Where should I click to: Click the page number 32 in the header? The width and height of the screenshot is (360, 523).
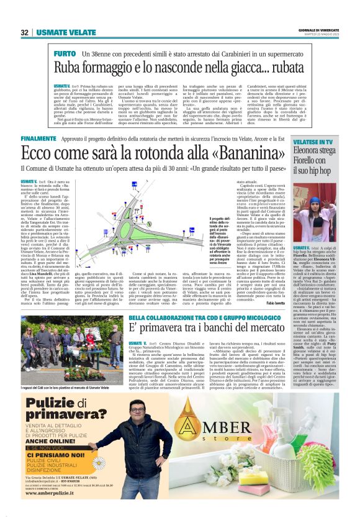[x=24, y=33]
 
